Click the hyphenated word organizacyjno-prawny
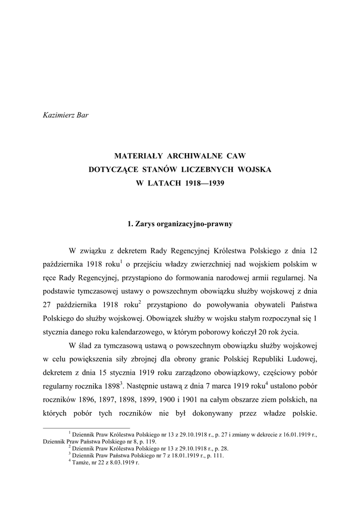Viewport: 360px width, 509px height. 195,224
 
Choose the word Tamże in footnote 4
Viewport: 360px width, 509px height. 83,462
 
